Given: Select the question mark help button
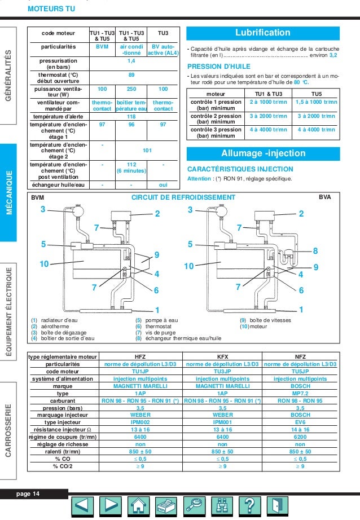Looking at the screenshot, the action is (249, 506).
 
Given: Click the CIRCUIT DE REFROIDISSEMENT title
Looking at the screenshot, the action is (183, 197).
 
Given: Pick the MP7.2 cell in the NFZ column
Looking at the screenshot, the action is (300, 394).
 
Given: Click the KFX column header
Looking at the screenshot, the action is (222, 357).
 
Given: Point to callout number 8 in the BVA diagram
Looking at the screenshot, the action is (315, 250).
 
